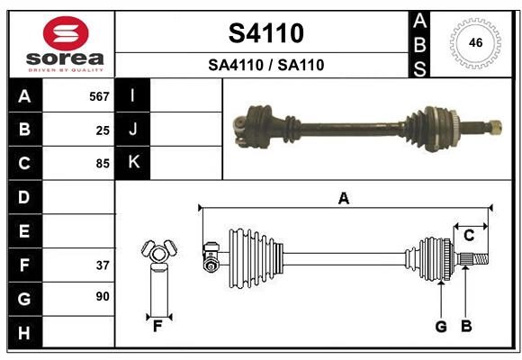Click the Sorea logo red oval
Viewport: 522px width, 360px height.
(x=66, y=34)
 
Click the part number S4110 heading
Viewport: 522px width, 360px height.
(x=265, y=33)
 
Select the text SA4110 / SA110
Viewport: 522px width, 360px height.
(x=265, y=65)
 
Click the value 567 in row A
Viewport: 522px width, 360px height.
(x=99, y=96)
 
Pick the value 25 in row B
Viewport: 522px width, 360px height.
(x=103, y=130)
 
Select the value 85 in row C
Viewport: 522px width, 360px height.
(x=103, y=164)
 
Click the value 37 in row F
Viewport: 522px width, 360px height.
(x=103, y=265)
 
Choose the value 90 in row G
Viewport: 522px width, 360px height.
(x=103, y=296)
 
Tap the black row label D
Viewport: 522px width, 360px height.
(x=24, y=197)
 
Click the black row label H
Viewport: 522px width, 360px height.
(x=24, y=333)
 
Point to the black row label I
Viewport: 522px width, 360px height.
(x=133, y=95)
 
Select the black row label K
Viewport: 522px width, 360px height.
(x=133, y=163)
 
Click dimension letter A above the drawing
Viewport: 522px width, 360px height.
(x=343, y=199)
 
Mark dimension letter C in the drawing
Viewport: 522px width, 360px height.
(x=469, y=235)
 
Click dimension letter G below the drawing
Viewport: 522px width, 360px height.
(x=441, y=327)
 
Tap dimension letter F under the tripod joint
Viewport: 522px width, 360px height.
(x=157, y=327)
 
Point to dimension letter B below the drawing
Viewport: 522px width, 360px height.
(x=466, y=327)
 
